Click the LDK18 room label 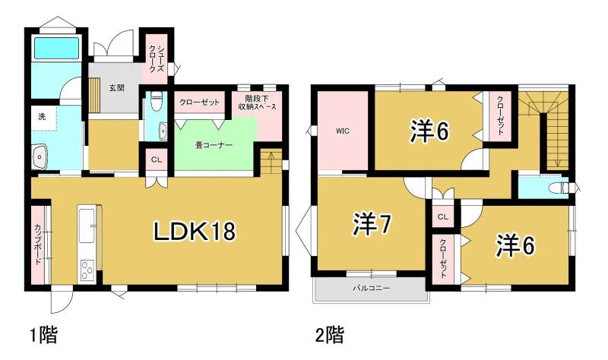tap(195, 232)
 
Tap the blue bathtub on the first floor tap(56, 48)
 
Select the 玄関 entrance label tap(116, 87)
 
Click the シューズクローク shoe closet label tap(157, 59)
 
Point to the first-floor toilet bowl tap(157, 101)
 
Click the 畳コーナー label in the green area tap(214, 145)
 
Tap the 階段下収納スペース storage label tap(257, 103)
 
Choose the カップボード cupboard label tap(38, 245)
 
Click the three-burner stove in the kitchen tap(86, 270)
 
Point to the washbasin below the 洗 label tap(40, 157)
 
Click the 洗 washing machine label tap(42, 116)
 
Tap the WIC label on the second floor tap(343, 131)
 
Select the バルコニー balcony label tap(371, 289)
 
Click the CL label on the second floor tap(443, 217)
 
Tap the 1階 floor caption tap(44, 334)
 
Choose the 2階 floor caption tap(330, 334)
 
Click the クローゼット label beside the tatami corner tap(199, 103)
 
